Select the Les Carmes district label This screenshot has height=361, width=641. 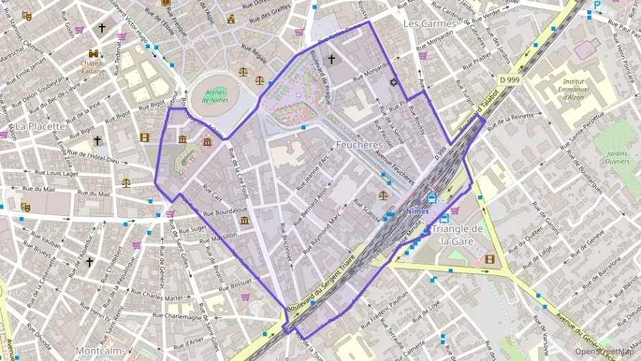429,23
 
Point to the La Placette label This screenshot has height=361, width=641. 40,126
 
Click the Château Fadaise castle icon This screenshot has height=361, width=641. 92,53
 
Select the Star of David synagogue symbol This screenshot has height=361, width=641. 393,83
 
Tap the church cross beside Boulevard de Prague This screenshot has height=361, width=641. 331,60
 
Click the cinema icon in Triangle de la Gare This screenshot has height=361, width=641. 489,259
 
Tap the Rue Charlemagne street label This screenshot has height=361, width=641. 177,316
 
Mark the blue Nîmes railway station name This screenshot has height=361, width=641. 417,211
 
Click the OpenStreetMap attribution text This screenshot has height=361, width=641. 605,351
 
